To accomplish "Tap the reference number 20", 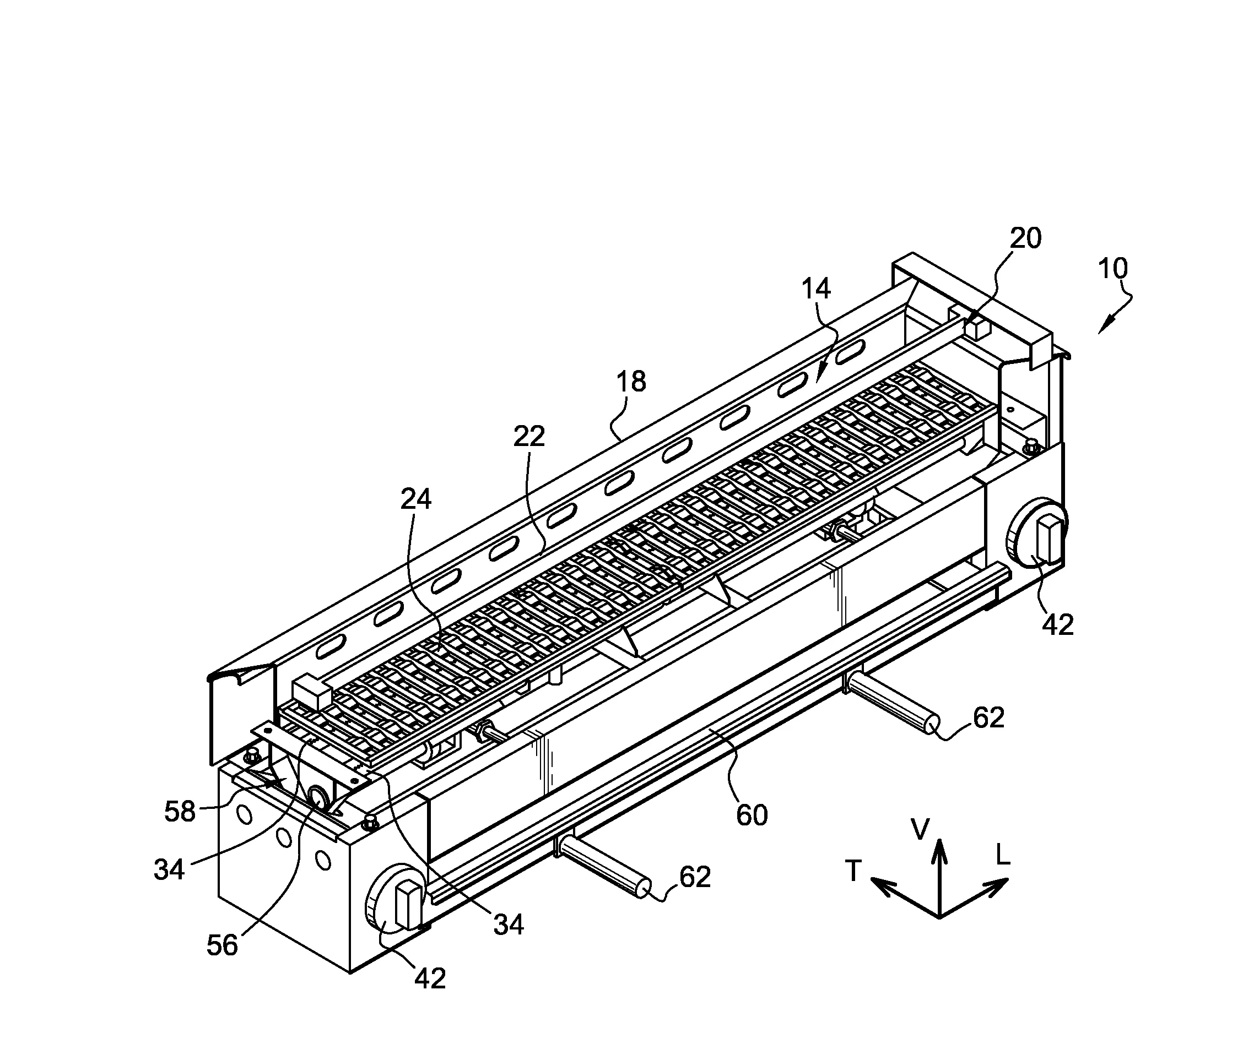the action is (x=1025, y=238).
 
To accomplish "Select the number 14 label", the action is (x=815, y=289).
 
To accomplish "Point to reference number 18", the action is (x=631, y=382).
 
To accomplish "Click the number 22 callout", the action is (x=528, y=437).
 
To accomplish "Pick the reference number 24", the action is (x=416, y=499).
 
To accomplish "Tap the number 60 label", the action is (x=752, y=815).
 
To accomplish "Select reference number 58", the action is (x=180, y=812).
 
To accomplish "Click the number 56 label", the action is (x=222, y=945).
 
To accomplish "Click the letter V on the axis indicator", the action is (x=920, y=829).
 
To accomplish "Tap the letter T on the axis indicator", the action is (x=853, y=871).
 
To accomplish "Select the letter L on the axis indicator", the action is (x=1003, y=855).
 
